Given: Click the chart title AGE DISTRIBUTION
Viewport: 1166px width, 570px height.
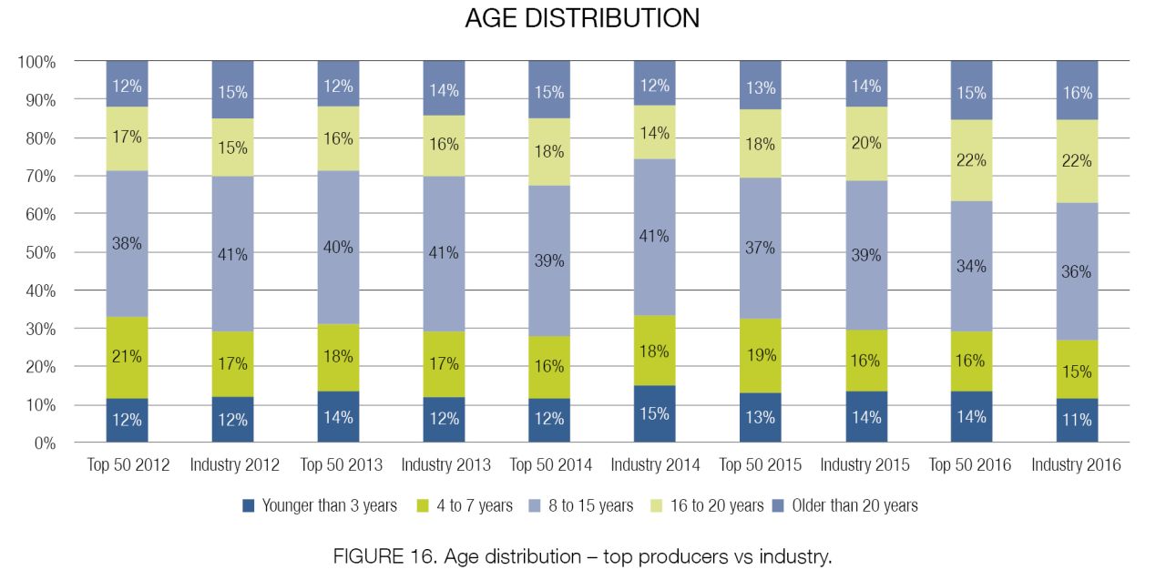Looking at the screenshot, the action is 582,18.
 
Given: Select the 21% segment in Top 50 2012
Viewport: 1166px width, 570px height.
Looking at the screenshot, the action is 127,358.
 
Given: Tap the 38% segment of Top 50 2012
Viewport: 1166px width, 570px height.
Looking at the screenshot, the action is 127,244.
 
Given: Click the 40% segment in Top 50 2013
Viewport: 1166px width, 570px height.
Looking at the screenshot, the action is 338,248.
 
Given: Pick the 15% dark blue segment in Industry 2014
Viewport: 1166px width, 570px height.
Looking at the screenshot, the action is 654,414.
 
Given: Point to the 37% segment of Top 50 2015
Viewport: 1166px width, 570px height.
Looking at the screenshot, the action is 760,248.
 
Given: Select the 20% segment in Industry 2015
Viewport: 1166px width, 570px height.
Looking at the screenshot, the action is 866,144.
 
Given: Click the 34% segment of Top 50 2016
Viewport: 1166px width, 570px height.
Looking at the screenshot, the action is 971,266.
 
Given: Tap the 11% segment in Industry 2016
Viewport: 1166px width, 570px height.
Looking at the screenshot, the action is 1077,421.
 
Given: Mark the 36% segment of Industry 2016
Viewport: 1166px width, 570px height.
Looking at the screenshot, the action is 1077,271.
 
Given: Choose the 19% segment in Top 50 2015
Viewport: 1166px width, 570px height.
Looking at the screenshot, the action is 760,356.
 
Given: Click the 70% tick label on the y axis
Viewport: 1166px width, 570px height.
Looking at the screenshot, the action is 41,177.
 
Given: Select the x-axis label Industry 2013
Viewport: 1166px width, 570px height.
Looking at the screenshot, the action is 445,464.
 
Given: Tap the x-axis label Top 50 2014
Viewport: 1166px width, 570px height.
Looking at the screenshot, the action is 551,464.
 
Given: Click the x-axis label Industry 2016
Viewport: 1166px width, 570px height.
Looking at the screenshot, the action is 1076,464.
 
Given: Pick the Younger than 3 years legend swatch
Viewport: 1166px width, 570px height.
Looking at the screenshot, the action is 249,505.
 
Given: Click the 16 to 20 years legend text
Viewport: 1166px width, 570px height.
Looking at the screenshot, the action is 717,505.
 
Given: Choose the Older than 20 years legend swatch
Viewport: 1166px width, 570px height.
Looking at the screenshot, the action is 778,505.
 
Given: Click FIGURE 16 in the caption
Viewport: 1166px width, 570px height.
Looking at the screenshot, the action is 384,556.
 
